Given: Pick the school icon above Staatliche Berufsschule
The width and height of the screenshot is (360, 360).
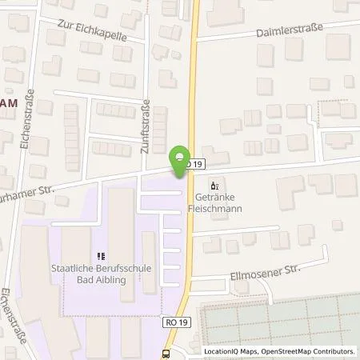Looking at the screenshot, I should coord(100,257).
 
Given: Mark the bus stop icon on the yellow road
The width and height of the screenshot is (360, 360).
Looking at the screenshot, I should coord(166,353).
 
